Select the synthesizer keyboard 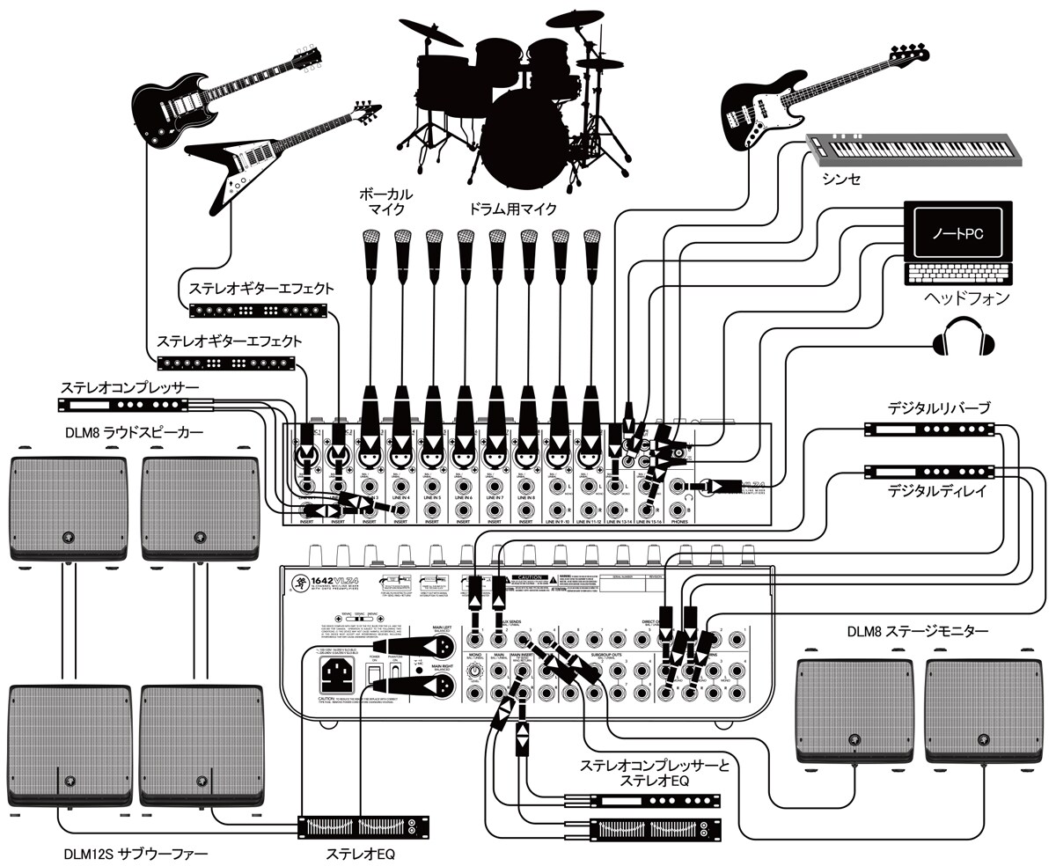(x=915, y=150)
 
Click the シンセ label (x=841, y=180)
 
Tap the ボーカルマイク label (x=385, y=201)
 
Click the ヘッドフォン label (x=965, y=298)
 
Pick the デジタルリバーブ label (x=939, y=408)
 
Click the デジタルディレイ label (x=938, y=492)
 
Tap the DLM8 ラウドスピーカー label (x=134, y=432)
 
